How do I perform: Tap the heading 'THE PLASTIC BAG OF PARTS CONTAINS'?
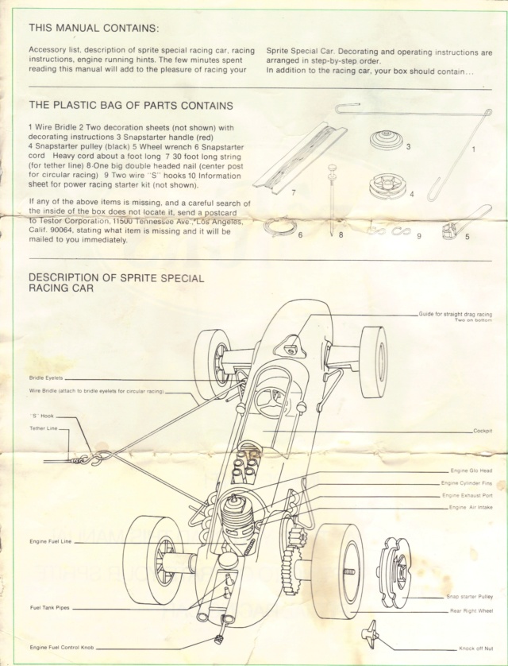click(x=130, y=105)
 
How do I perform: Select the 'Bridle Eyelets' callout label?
click(x=45, y=378)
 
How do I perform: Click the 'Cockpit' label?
click(x=483, y=431)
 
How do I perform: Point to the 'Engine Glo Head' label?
click(x=471, y=471)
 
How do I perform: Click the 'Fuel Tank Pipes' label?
click(x=50, y=608)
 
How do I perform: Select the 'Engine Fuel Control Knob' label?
click(x=62, y=648)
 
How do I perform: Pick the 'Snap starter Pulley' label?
click(x=469, y=596)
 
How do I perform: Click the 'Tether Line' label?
click(x=44, y=428)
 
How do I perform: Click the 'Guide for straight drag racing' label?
click(x=455, y=315)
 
